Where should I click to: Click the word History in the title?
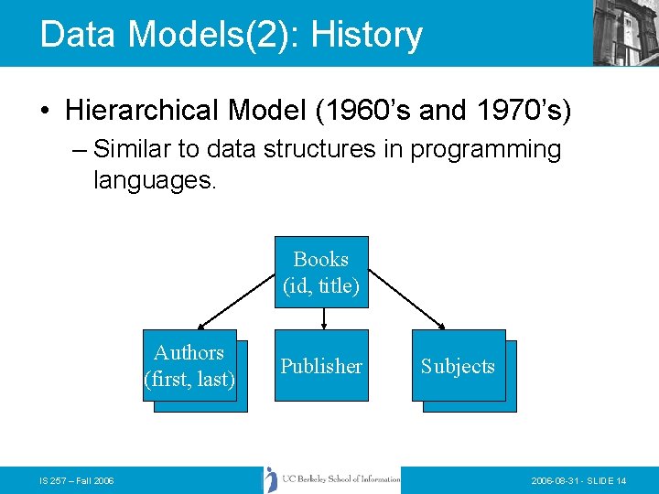(366, 35)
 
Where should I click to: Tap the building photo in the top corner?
(626, 32)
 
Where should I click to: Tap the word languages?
(154, 180)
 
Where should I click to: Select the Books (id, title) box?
(321, 273)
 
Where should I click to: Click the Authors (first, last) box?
(189, 365)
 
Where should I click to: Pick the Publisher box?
(321, 366)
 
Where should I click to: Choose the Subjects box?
(458, 366)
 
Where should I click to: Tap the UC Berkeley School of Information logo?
(333, 479)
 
